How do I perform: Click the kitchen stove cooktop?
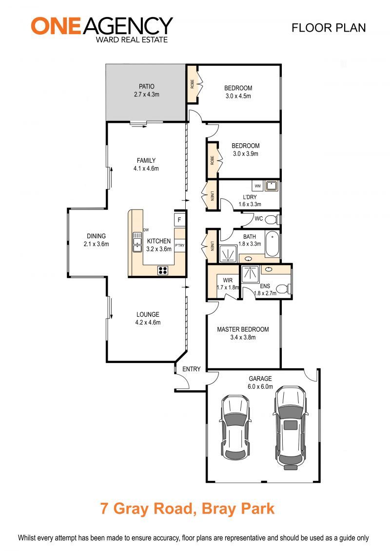pos(162,270)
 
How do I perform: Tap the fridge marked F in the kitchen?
pos(179,220)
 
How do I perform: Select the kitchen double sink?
pos(137,242)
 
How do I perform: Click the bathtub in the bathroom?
pos(272,244)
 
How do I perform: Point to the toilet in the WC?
pos(272,220)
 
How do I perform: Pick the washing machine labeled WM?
pos(257,186)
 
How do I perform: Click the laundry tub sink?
pos(272,186)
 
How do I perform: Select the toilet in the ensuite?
pos(283,289)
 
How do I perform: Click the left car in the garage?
pos(235,427)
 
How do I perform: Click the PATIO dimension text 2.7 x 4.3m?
pos(146,95)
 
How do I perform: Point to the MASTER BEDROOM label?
pos(243,329)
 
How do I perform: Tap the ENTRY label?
pos(191,369)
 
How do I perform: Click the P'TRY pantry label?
pos(180,245)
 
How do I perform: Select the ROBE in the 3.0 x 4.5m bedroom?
pos(193,84)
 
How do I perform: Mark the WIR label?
pos(228,281)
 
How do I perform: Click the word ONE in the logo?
pos(56,26)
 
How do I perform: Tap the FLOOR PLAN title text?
pos(329,28)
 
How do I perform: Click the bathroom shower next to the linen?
pos(229,254)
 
